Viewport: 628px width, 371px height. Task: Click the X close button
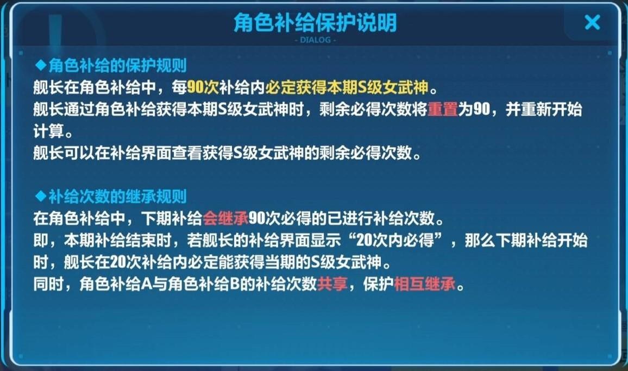tap(592, 22)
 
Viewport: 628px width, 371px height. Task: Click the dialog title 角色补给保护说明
tap(315, 22)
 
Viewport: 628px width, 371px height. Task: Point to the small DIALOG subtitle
tap(315, 40)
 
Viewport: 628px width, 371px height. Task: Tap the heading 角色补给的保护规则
tap(118, 66)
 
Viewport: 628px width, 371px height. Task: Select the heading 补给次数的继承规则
tap(118, 197)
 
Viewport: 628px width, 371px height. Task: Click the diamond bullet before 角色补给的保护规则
tap(41, 65)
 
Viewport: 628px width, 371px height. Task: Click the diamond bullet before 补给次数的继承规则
tap(41, 196)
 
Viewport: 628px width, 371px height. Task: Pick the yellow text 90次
tap(203, 87)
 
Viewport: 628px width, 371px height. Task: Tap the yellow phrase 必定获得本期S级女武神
tap(347, 87)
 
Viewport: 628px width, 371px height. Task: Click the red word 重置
tap(443, 109)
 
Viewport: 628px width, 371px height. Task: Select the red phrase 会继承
tap(225, 218)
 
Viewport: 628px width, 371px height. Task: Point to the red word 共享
tap(332, 284)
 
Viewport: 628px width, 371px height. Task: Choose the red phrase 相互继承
tap(425, 284)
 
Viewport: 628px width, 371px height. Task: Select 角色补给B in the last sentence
tap(204, 284)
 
